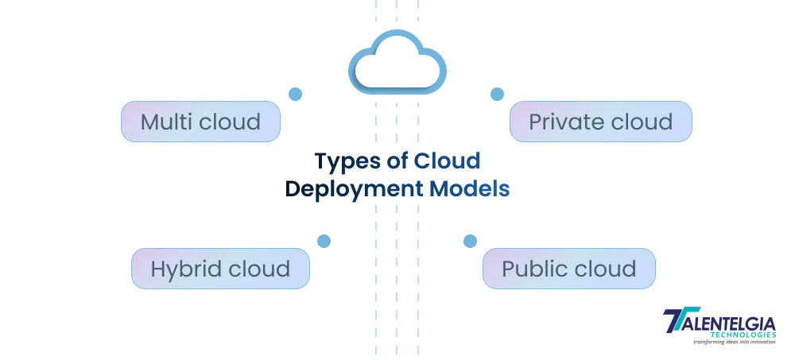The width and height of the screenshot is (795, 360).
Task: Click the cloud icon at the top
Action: [x=397, y=61]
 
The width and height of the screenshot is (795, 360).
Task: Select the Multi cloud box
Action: [x=200, y=122]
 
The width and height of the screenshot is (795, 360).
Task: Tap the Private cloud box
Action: [x=600, y=122]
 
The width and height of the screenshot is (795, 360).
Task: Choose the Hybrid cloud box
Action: [x=220, y=269]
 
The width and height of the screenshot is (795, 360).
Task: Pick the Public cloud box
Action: [x=568, y=269]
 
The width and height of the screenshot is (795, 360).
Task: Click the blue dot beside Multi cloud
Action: [x=295, y=94]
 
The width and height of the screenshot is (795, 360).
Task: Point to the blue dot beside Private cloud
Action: [x=497, y=94]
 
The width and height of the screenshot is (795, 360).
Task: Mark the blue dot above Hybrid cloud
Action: [x=324, y=241]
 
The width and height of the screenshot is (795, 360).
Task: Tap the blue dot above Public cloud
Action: [x=470, y=241]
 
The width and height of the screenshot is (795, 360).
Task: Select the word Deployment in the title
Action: [x=354, y=190]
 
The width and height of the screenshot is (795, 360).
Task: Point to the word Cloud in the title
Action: [x=448, y=161]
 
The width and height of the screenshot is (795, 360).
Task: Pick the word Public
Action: [x=531, y=269]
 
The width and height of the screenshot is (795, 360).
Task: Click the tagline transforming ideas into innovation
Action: [x=723, y=343]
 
